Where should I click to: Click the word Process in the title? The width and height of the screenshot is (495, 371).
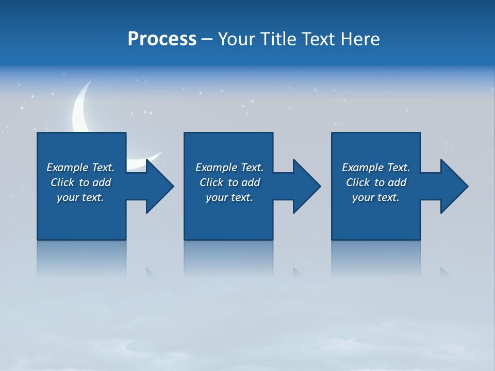162,39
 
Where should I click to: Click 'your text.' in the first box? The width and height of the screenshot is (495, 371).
80,197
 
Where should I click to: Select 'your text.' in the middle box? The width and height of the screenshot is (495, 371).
229,197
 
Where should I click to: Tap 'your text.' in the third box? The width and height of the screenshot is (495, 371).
376,197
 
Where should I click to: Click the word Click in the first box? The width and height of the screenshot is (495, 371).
62,182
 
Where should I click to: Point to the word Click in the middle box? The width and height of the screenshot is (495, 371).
211,182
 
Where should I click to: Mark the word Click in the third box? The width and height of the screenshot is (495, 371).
357,182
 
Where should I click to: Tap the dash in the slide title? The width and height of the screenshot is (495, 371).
207,39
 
